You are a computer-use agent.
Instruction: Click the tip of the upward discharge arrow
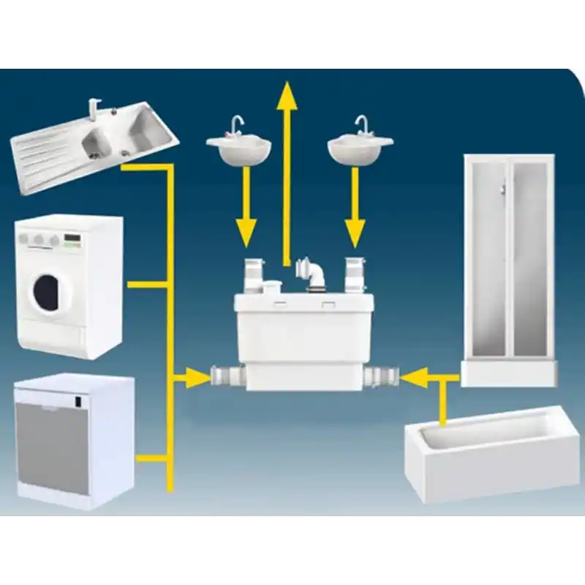pyautogui.click(x=287, y=89)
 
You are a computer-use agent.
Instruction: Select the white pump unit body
pyautogui.click(x=300, y=336)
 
